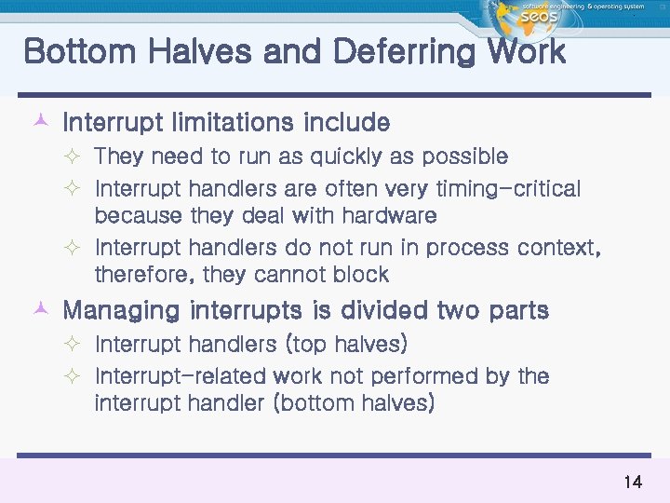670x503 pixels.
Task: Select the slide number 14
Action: [633, 482]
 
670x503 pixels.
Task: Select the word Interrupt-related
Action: [181, 376]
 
